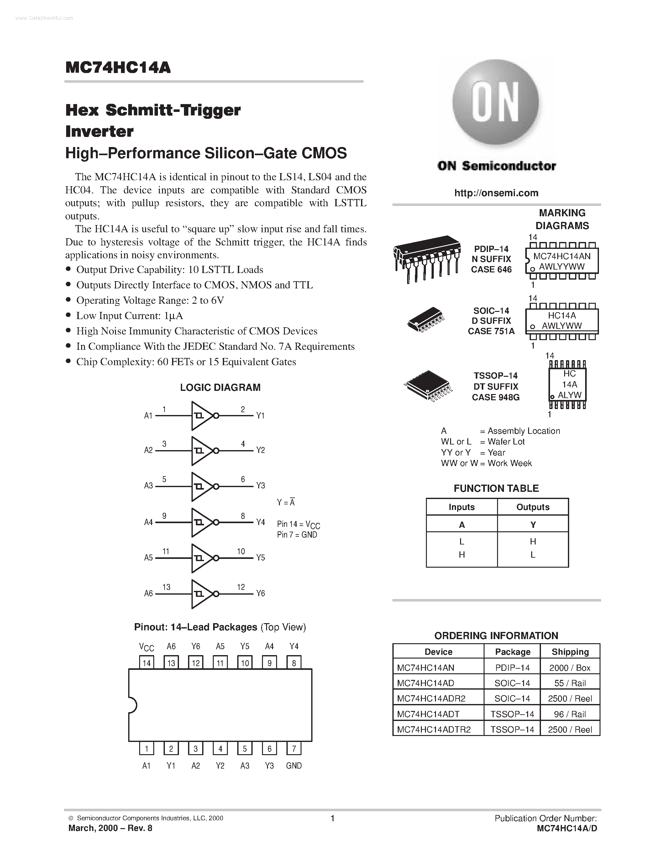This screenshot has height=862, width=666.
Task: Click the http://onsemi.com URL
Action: point(496,193)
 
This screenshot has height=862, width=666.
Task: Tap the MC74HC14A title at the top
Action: point(118,67)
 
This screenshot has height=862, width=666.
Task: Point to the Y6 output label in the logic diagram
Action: point(260,593)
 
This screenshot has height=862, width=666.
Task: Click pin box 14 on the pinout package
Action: point(146,663)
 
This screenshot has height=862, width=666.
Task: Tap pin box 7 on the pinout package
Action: point(294,749)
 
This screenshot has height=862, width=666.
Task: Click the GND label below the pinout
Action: point(294,766)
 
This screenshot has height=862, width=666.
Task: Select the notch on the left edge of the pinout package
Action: point(133,705)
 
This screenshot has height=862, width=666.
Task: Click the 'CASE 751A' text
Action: point(491,331)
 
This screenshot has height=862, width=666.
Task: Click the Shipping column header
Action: point(570,652)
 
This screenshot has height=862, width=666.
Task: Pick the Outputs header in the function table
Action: point(532,507)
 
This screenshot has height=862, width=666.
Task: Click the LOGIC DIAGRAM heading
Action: point(220,387)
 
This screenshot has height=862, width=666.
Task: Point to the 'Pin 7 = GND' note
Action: point(297,534)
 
